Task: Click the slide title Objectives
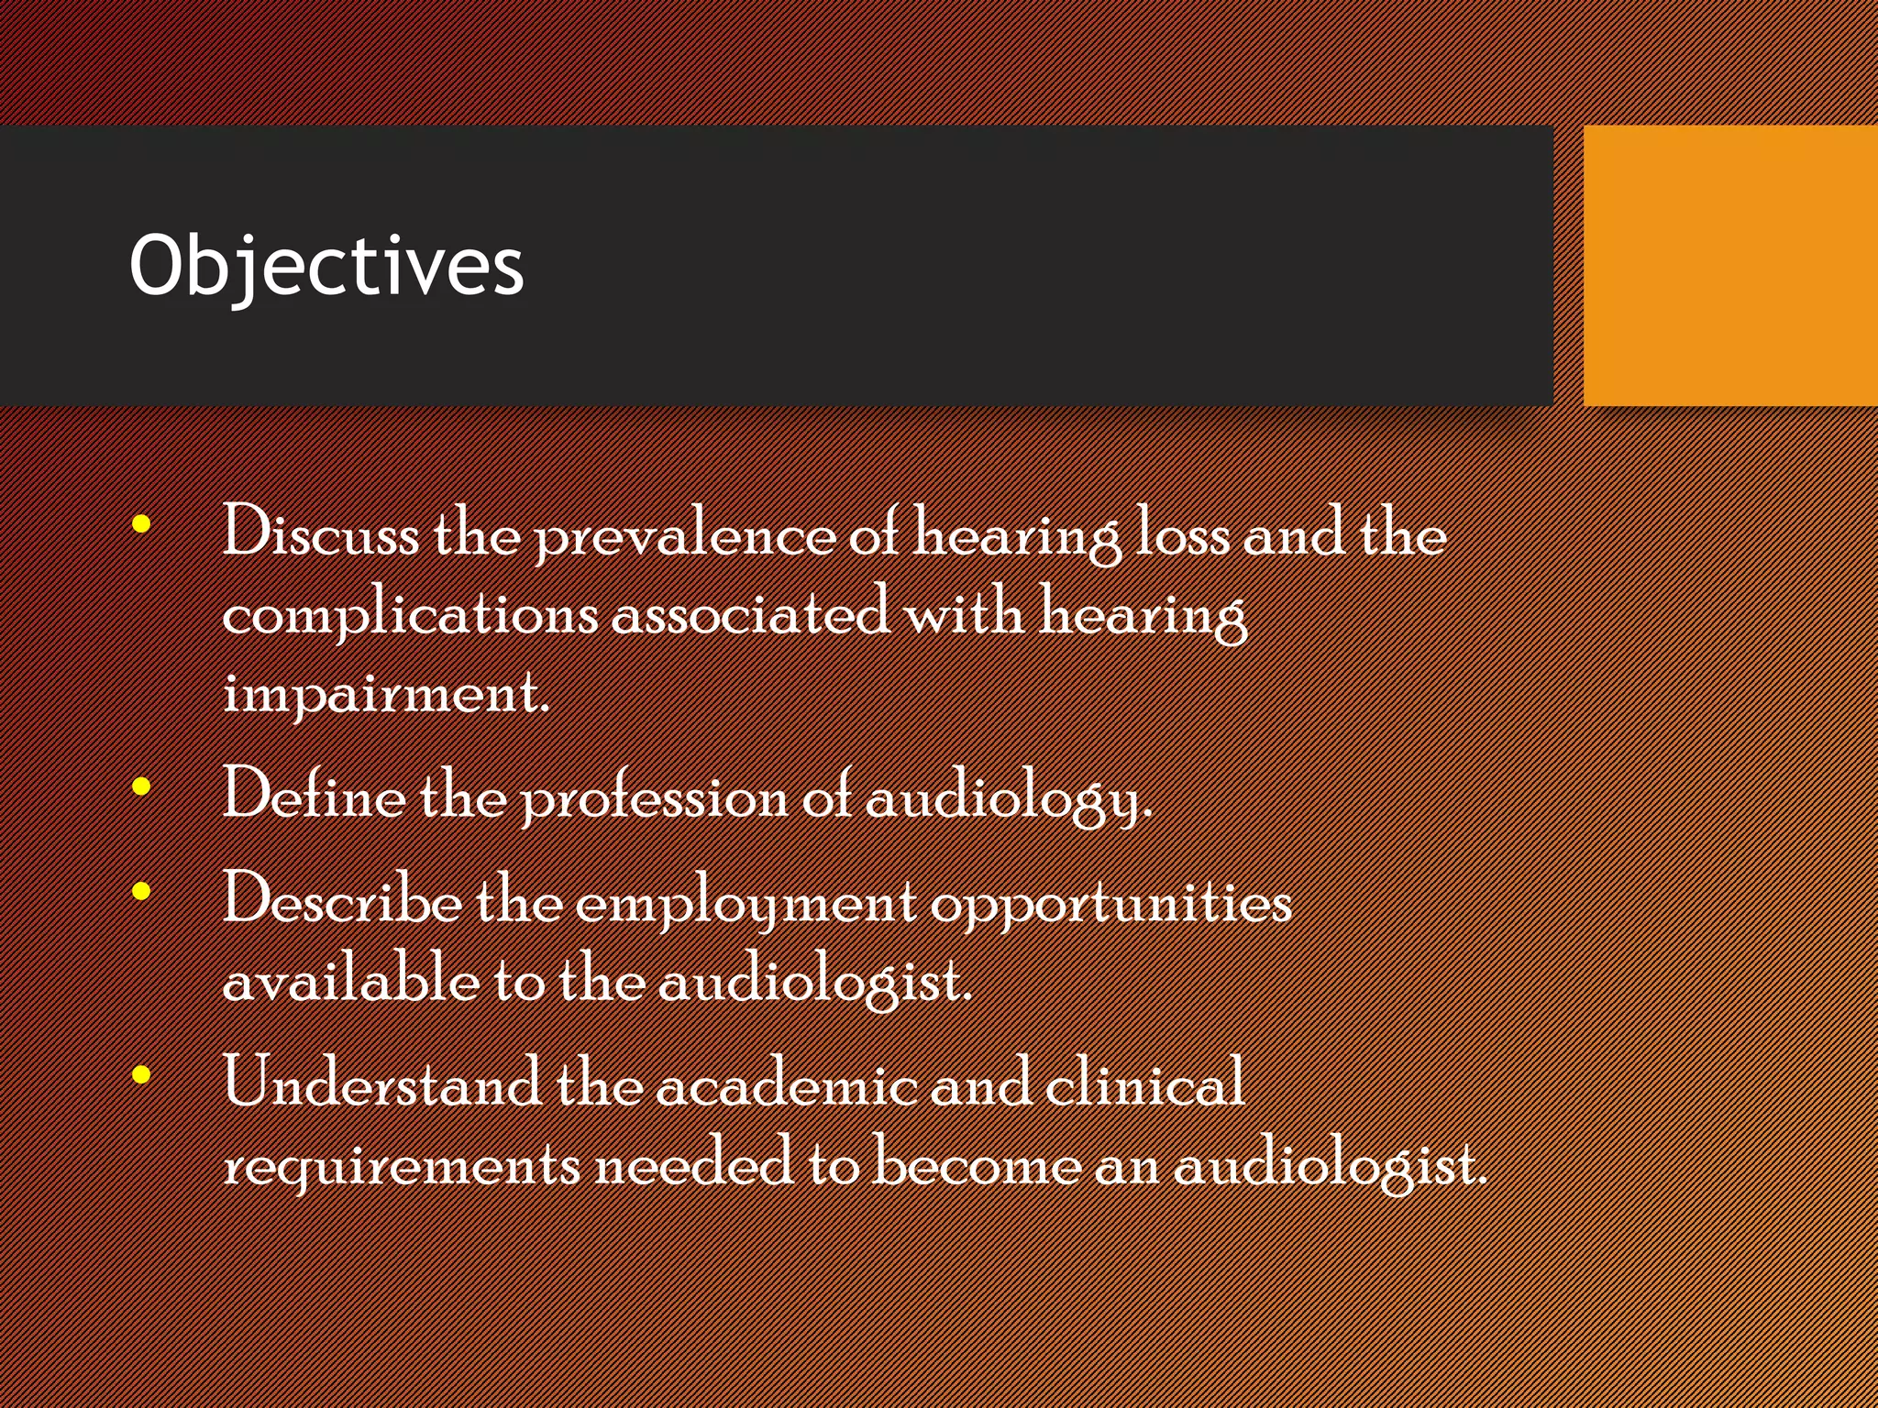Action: pyautogui.click(x=326, y=266)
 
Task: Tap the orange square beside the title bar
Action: pyautogui.click(x=1730, y=266)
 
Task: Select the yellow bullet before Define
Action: pyautogui.click(x=141, y=786)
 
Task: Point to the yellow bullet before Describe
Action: pyautogui.click(x=141, y=891)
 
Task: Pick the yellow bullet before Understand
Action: pyautogui.click(x=141, y=1074)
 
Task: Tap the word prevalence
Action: pyautogui.click(x=685, y=535)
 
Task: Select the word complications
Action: pyautogui.click(x=410, y=614)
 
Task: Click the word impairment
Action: pyautogui.click(x=386, y=693)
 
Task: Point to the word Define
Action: pyautogui.click(x=315, y=794)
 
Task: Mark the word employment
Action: pyautogui.click(x=746, y=904)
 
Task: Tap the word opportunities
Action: pyautogui.click(x=1111, y=904)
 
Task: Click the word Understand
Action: pyautogui.click(x=382, y=1082)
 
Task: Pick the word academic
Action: pyautogui.click(x=787, y=1082)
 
